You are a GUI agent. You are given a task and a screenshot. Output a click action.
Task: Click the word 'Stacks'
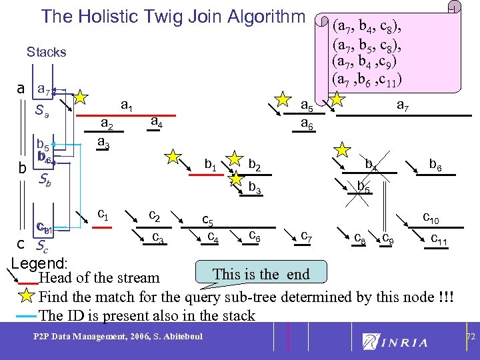click(46, 52)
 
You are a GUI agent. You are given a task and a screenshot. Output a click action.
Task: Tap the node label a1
click(126, 105)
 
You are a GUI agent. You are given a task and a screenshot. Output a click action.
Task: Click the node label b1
click(211, 163)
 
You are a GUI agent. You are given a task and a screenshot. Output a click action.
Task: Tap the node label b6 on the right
click(436, 163)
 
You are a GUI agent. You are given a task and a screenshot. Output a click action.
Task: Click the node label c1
click(103, 214)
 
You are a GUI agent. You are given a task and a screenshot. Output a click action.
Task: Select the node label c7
click(307, 235)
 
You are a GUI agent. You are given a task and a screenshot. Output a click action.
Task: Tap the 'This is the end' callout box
click(261, 273)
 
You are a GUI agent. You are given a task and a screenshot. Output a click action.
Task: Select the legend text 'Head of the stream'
click(100, 277)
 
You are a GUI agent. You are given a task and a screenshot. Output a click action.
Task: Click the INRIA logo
click(395, 342)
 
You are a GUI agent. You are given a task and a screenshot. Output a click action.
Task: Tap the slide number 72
click(470, 338)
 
